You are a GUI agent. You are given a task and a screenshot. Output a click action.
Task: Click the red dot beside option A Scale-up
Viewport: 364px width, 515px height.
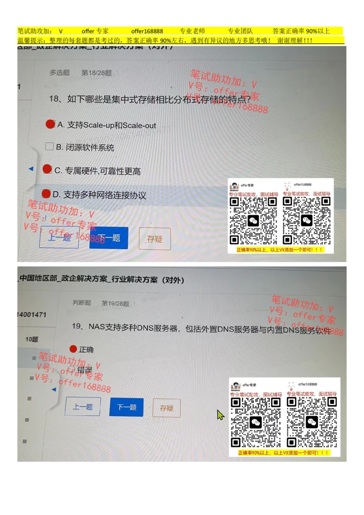click(x=51, y=124)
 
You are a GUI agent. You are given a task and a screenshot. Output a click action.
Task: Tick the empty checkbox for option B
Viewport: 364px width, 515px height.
click(x=50, y=147)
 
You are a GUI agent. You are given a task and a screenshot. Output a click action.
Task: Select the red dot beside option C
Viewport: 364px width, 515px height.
click(x=47, y=169)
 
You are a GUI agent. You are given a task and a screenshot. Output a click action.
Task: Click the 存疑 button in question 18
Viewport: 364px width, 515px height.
click(x=155, y=239)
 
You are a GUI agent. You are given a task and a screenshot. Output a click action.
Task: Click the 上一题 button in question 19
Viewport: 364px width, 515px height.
click(x=83, y=407)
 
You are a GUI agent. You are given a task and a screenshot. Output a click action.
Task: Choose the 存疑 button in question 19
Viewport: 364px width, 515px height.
click(x=167, y=408)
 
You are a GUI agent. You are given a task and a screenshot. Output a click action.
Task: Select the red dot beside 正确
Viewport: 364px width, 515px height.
click(x=73, y=349)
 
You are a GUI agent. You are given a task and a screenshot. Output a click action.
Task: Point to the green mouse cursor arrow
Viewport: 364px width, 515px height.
click(x=220, y=414)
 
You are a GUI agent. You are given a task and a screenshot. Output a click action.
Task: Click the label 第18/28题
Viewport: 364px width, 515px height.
click(x=96, y=73)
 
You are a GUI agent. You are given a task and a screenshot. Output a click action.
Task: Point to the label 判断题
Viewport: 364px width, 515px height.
click(x=82, y=303)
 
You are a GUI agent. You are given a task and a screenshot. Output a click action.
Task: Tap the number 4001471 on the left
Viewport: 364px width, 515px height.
click(x=32, y=315)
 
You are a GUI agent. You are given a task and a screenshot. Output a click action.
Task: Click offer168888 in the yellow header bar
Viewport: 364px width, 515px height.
click(x=147, y=31)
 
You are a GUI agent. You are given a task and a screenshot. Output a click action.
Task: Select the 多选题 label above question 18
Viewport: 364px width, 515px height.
click(x=60, y=73)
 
